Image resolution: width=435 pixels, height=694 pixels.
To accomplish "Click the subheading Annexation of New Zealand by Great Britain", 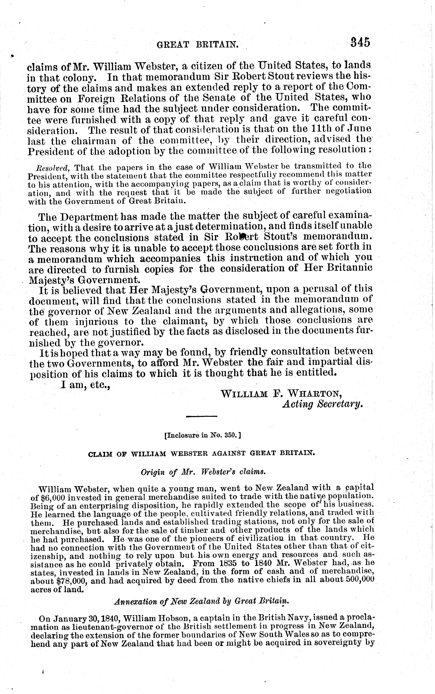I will [201, 602].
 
